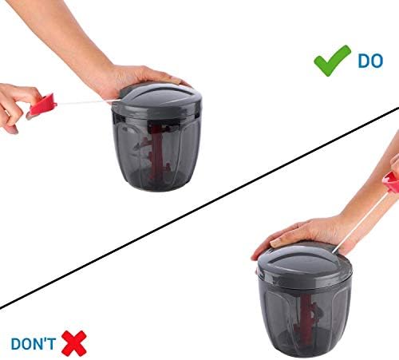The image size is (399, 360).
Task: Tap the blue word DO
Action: coord(370,61)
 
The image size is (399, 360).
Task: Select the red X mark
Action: coord(74,343)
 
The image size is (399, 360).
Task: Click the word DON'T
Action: coord(34,343)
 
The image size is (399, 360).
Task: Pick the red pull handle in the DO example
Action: coord(42,105)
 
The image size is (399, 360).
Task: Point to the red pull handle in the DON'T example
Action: coord(391,182)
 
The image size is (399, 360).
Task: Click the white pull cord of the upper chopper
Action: coord(88,102)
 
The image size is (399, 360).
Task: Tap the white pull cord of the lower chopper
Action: coord(361,222)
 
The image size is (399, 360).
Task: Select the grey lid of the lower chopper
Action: coord(305,266)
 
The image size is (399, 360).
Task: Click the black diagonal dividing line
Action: coord(199,208)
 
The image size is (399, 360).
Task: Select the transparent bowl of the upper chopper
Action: coord(156,152)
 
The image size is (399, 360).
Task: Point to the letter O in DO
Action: coord(377,61)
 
